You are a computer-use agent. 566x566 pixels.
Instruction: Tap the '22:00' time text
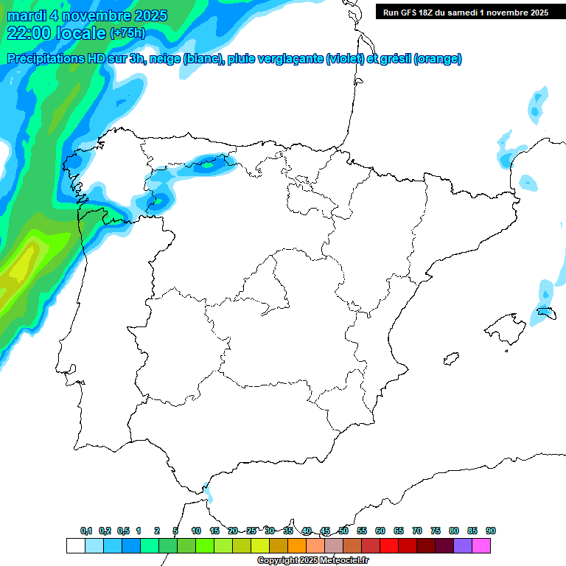click(29, 32)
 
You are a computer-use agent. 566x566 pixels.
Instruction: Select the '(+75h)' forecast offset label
click(127, 33)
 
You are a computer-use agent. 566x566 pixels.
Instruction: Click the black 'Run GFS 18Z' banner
click(465, 12)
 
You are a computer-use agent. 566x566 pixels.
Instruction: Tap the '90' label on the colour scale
click(491, 531)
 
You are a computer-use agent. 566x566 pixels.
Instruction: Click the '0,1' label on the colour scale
click(86, 531)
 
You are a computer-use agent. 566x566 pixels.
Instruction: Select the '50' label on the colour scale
click(343, 531)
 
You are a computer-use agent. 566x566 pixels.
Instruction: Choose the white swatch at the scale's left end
click(75, 545)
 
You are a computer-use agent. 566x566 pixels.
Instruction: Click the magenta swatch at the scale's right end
click(481, 545)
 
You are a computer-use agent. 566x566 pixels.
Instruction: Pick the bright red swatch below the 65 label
click(389, 545)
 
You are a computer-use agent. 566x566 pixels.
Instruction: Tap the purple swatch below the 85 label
click(463, 545)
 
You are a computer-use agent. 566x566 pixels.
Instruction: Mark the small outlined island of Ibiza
click(451, 359)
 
